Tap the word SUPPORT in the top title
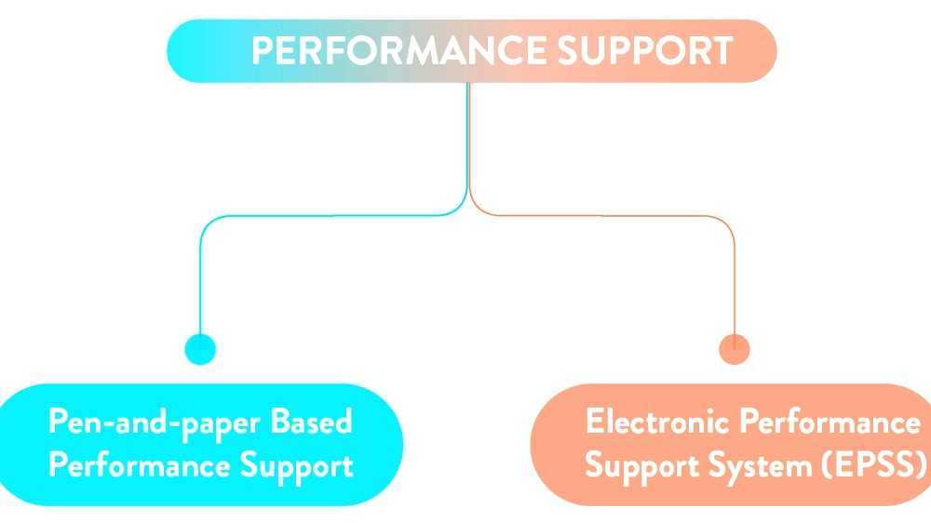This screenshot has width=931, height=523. [645, 50]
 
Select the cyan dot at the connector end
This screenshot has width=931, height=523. [200, 349]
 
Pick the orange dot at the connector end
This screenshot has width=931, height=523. [735, 349]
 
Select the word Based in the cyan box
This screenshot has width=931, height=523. [311, 422]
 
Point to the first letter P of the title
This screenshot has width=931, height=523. [262, 50]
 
